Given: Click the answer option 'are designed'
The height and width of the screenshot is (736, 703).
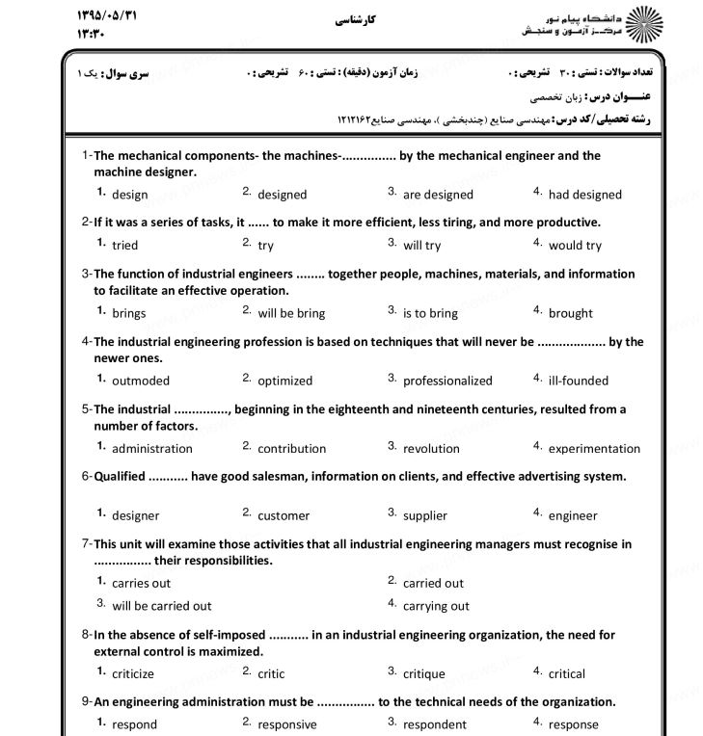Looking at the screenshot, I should point(438,195).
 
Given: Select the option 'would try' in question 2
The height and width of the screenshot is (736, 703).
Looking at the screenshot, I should point(575,246).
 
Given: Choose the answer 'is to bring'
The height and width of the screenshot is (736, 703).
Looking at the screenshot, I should point(430,313).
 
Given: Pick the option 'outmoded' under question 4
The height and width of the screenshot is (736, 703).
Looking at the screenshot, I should point(140,381).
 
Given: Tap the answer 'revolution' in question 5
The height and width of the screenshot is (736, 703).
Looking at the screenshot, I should point(431,448).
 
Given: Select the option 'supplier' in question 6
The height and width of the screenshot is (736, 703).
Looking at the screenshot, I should point(425,515).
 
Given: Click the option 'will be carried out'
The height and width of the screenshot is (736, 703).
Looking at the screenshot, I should point(161,606).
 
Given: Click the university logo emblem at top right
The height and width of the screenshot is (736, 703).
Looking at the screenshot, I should point(642,25).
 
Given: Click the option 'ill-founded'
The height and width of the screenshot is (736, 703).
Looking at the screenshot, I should point(579,381).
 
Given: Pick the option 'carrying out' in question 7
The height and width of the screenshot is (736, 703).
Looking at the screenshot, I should point(436,606).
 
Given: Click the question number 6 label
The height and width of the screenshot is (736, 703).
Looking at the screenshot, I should point(86,476).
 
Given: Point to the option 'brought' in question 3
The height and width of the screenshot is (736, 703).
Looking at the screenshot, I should point(571,313).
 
